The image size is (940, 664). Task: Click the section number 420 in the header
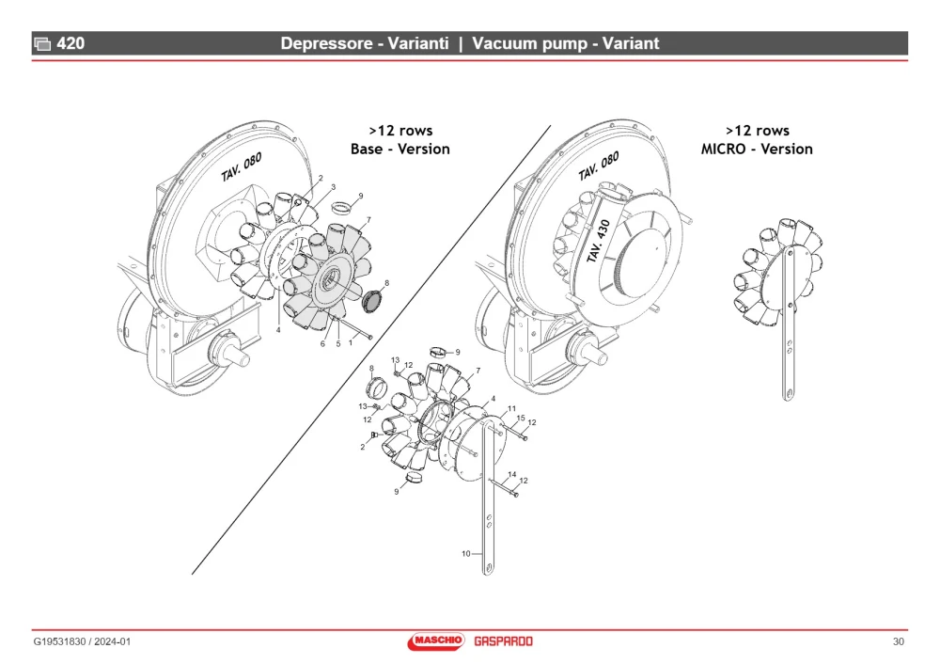(70, 43)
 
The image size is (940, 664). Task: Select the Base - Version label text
(399, 149)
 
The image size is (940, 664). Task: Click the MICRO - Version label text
(757, 149)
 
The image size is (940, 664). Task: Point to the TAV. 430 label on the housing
(598, 241)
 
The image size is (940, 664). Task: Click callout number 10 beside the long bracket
(466, 554)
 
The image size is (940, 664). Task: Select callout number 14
(512, 474)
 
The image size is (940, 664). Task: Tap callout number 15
(521, 419)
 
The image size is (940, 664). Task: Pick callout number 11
(511, 408)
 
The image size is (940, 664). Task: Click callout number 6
(322, 343)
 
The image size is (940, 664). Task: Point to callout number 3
(334, 187)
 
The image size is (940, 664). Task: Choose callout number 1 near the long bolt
(351, 343)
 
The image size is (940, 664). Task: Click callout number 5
(338, 343)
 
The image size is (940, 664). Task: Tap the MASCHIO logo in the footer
(436, 641)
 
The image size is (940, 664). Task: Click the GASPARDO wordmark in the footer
(503, 641)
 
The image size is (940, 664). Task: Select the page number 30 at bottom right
(898, 641)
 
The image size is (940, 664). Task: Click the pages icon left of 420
(42, 44)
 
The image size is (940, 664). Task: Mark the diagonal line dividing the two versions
(371, 350)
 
